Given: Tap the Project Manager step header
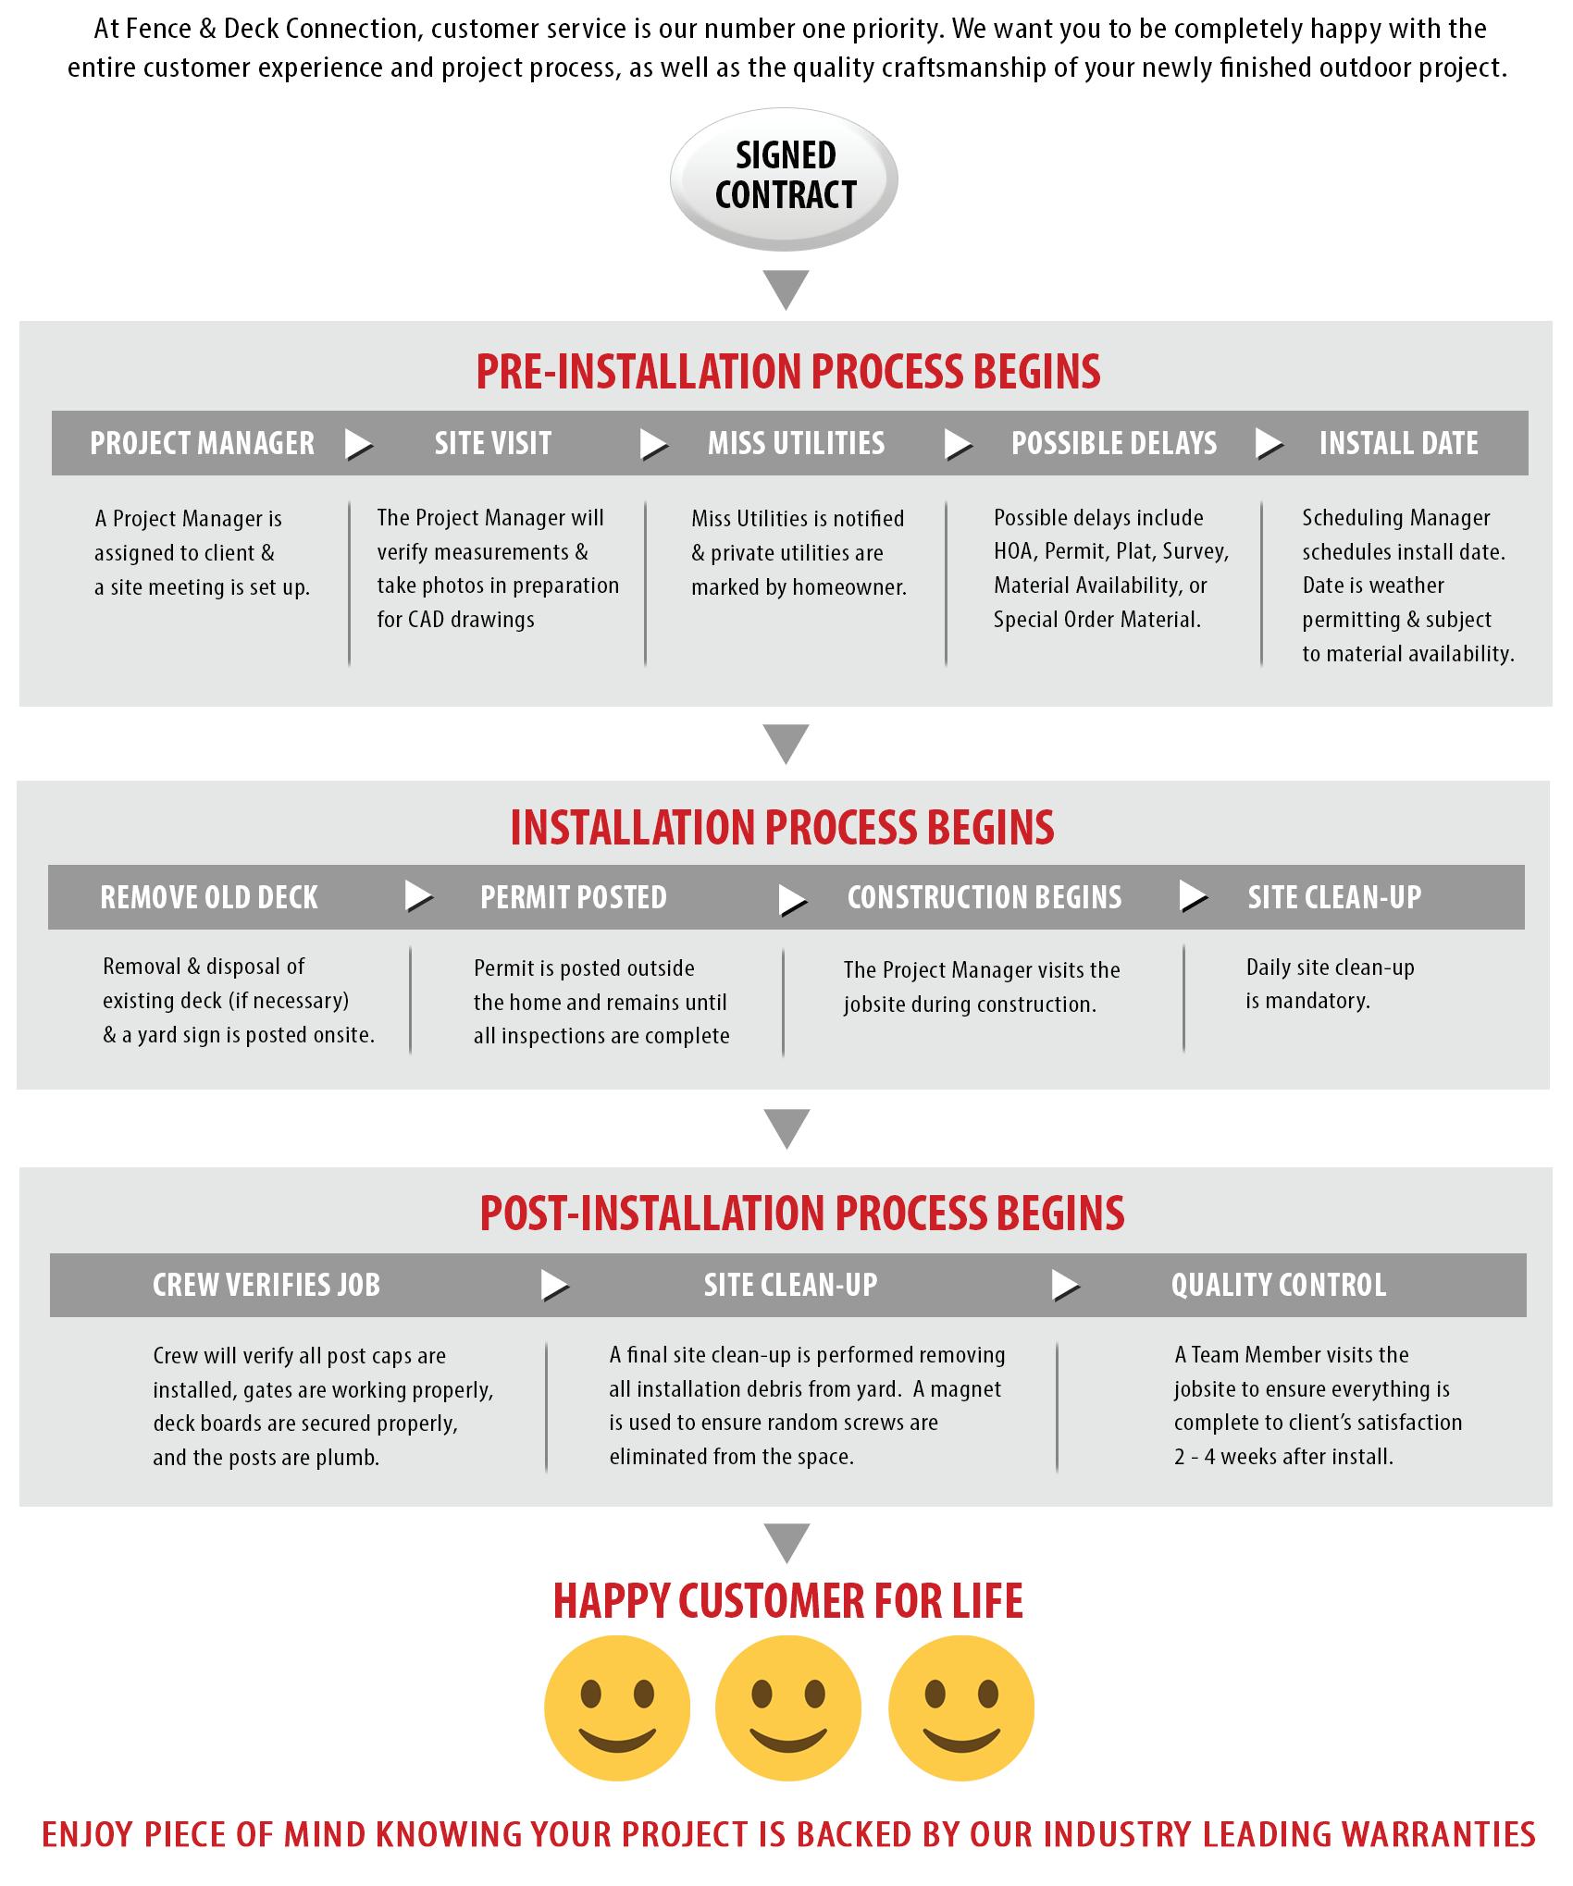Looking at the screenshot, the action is (202, 444).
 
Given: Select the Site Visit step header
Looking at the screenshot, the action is (493, 444).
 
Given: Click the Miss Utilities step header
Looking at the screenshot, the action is (796, 444).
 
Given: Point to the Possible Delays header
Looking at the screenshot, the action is (1114, 444).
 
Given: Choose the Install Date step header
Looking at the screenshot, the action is (1398, 444).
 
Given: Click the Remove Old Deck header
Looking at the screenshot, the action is (209, 897).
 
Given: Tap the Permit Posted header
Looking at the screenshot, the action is (574, 897).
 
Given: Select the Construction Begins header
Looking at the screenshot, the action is (985, 897).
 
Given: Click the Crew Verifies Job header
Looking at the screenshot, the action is (266, 1285).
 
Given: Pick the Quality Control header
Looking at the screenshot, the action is (1279, 1285).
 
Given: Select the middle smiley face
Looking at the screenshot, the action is (788, 1707).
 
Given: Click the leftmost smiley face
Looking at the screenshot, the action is (617, 1707).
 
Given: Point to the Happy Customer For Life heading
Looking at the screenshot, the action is (788, 1601).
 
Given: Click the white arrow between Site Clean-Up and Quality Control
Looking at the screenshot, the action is (1065, 1285).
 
